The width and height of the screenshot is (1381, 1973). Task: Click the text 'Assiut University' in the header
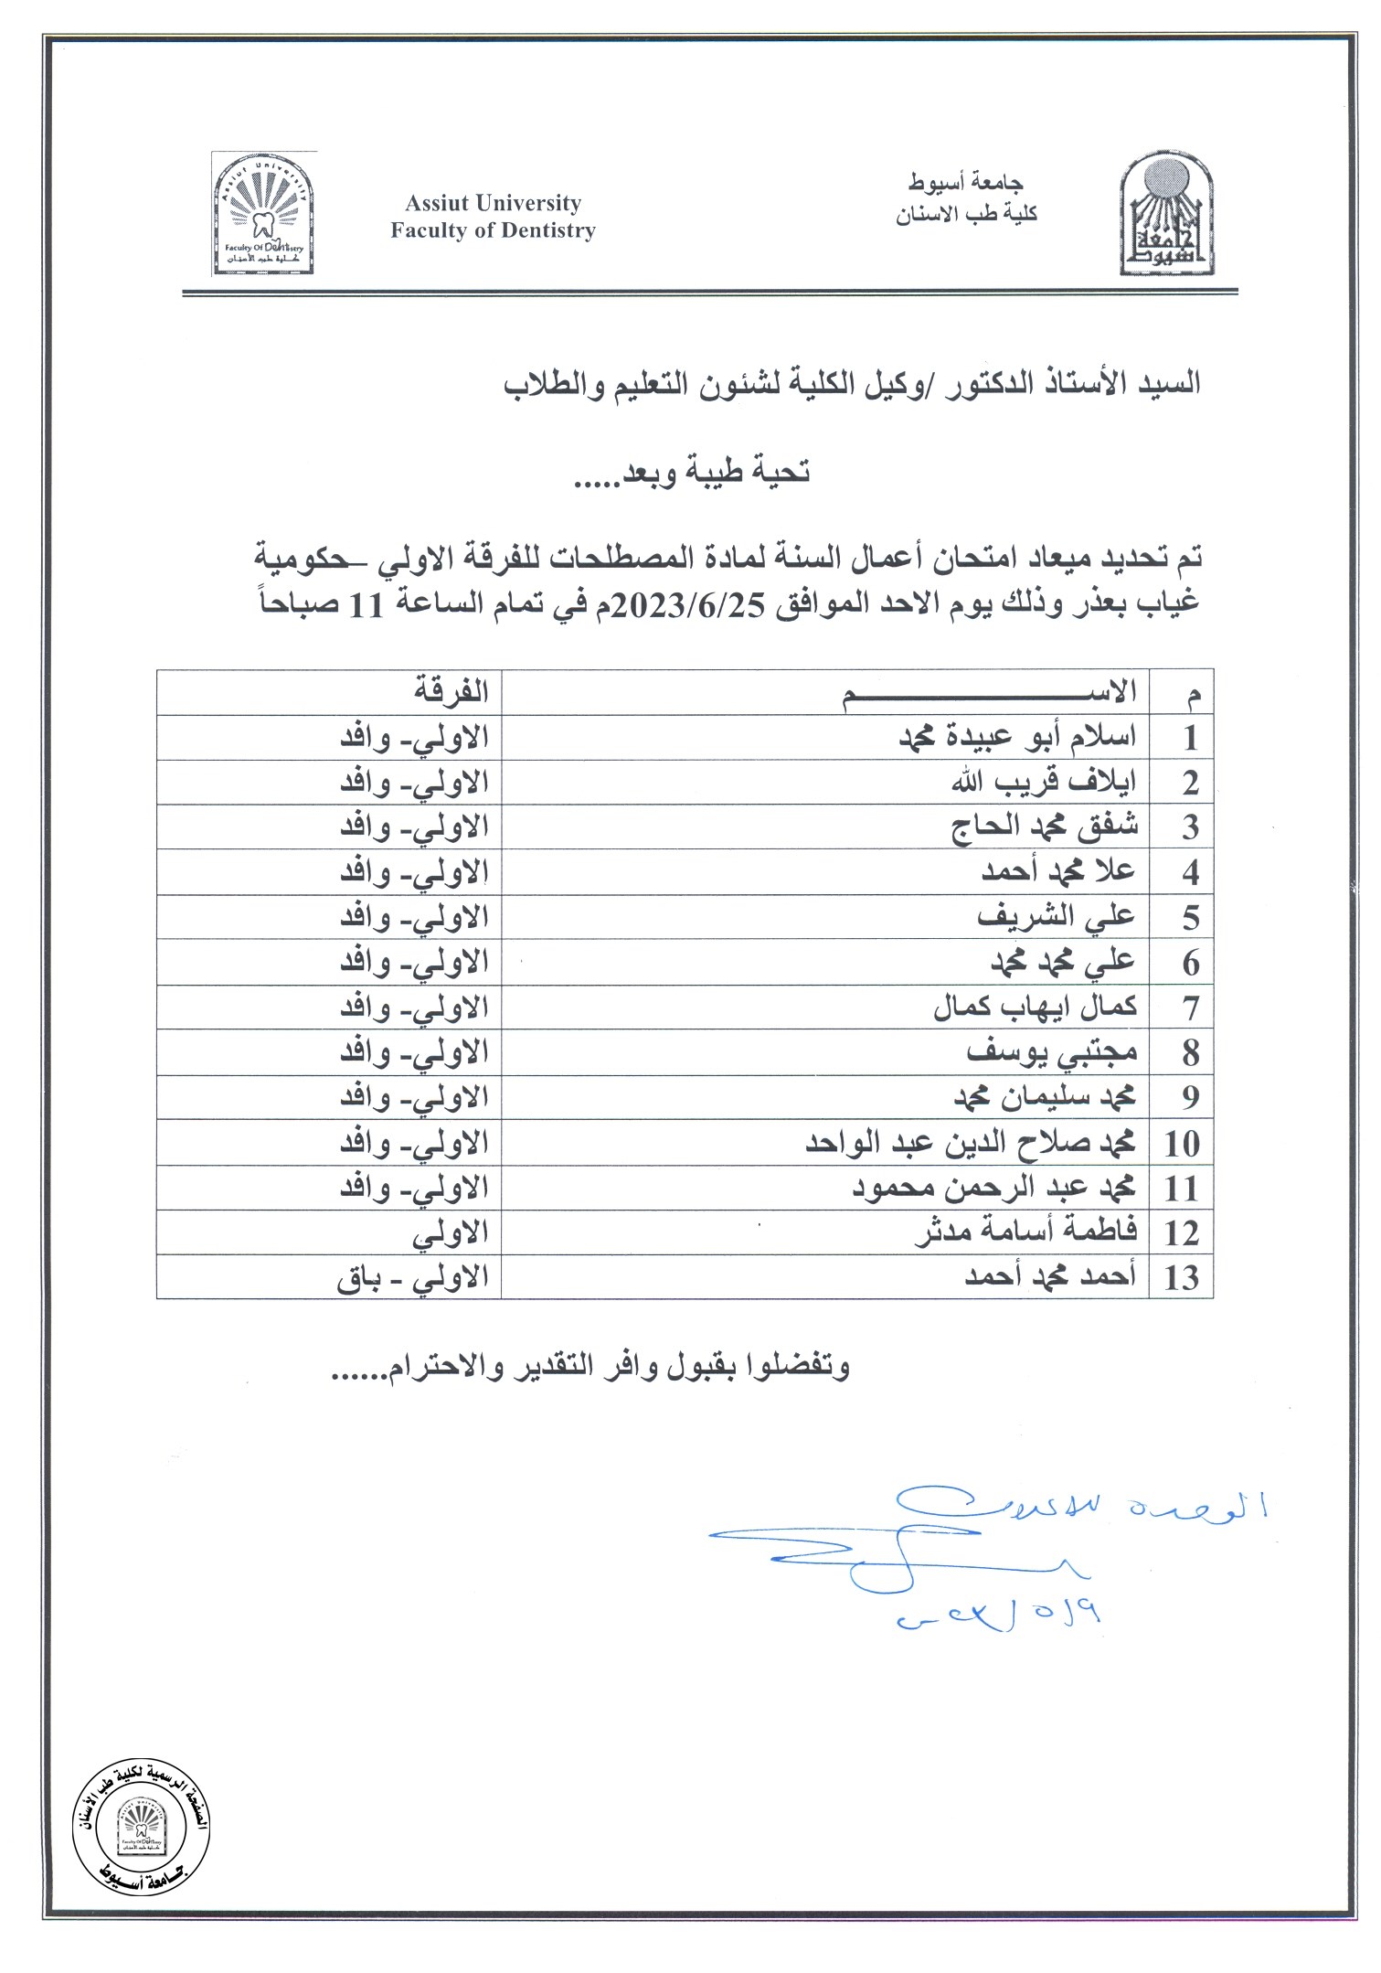[493, 203]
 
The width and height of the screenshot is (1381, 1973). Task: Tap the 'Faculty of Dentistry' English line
[493, 230]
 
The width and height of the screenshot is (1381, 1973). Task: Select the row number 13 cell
[1181, 1276]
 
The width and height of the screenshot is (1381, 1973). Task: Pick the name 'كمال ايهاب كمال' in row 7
[1035, 1008]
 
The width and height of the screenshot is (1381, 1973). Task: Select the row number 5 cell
[1189, 918]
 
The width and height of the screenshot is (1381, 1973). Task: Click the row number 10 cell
[1181, 1143]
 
